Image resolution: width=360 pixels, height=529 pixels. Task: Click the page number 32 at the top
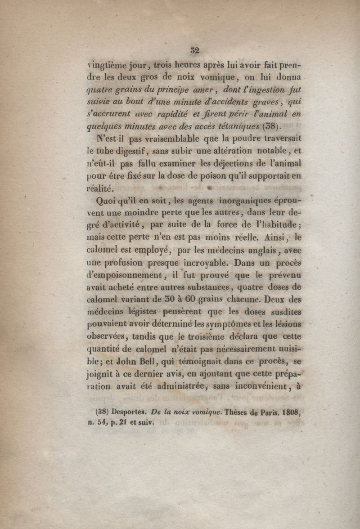195,50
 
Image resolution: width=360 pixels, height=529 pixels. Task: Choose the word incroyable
207,263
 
